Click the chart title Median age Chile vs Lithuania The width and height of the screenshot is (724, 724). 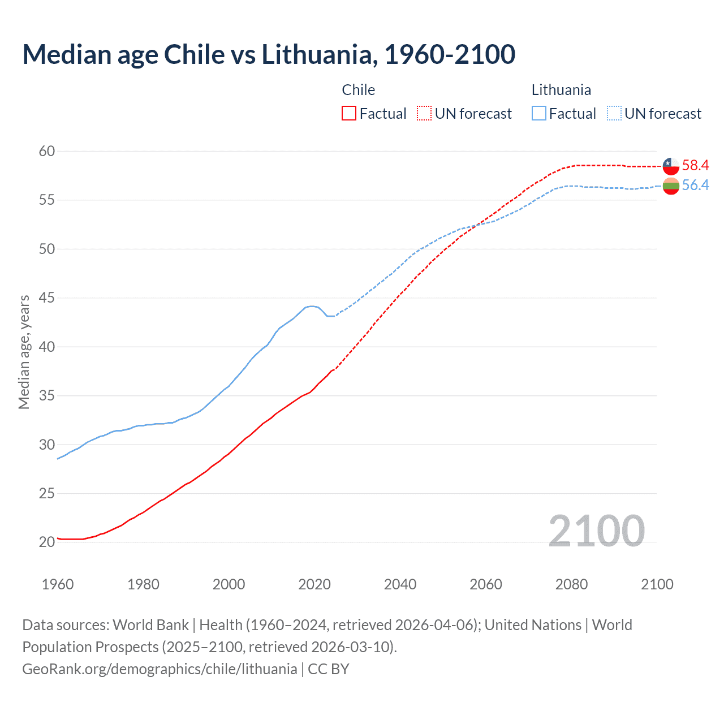269,55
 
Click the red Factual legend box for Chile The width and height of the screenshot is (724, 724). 349,114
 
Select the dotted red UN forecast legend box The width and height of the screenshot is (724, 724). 424,114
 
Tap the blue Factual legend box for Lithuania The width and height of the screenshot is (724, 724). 539,114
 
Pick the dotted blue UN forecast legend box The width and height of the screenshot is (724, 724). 614,114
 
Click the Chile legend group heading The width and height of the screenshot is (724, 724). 359,90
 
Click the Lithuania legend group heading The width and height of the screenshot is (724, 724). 561,90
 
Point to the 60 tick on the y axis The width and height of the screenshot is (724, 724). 47,151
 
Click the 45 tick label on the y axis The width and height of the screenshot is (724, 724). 47,298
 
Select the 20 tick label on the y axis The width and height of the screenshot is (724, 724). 47,542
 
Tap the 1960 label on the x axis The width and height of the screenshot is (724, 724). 58,584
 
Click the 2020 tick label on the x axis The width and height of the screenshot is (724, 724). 314,584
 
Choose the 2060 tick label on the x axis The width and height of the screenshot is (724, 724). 486,584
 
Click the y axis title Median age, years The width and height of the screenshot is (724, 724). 24,352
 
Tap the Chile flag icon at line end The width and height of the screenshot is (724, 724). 671,166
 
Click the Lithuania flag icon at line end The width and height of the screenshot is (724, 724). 671,186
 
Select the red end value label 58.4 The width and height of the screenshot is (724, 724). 695,165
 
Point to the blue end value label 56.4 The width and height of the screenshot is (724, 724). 695,185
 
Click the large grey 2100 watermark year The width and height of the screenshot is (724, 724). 597,531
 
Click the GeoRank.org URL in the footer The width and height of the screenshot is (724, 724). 160,669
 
